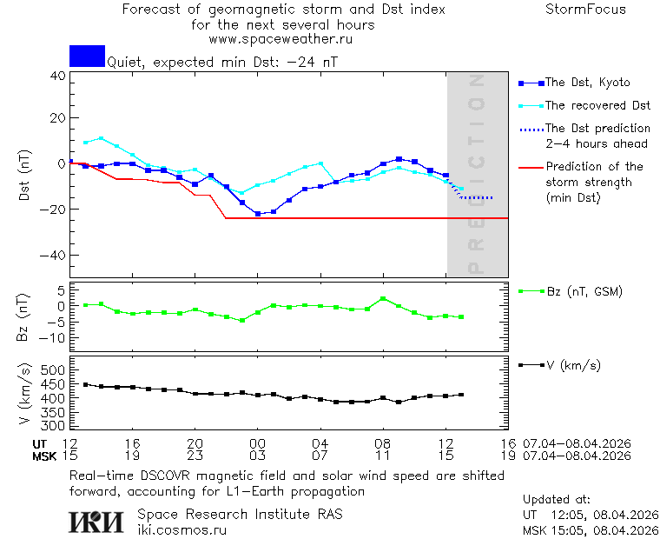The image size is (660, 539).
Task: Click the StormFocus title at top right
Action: pyautogui.click(x=585, y=10)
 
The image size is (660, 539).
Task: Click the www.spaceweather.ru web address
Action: pyautogui.click(x=280, y=39)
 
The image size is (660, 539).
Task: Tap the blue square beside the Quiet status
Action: pyautogui.click(x=87, y=56)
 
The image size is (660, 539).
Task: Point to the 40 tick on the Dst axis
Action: pyautogui.click(x=58, y=75)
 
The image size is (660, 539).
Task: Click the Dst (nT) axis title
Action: pyautogui.click(x=23, y=175)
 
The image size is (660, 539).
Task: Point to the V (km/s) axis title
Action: pyautogui.click(x=23, y=396)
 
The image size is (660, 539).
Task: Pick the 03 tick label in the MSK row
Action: pyautogui.click(x=257, y=456)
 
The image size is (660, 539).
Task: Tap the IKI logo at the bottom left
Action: pyautogui.click(x=96, y=521)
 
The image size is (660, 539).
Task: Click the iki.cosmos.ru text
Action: pyautogui.click(x=182, y=529)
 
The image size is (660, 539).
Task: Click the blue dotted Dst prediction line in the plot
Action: pyautogui.click(x=478, y=197)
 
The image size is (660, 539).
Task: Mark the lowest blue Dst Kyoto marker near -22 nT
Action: pyautogui.click(x=258, y=213)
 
